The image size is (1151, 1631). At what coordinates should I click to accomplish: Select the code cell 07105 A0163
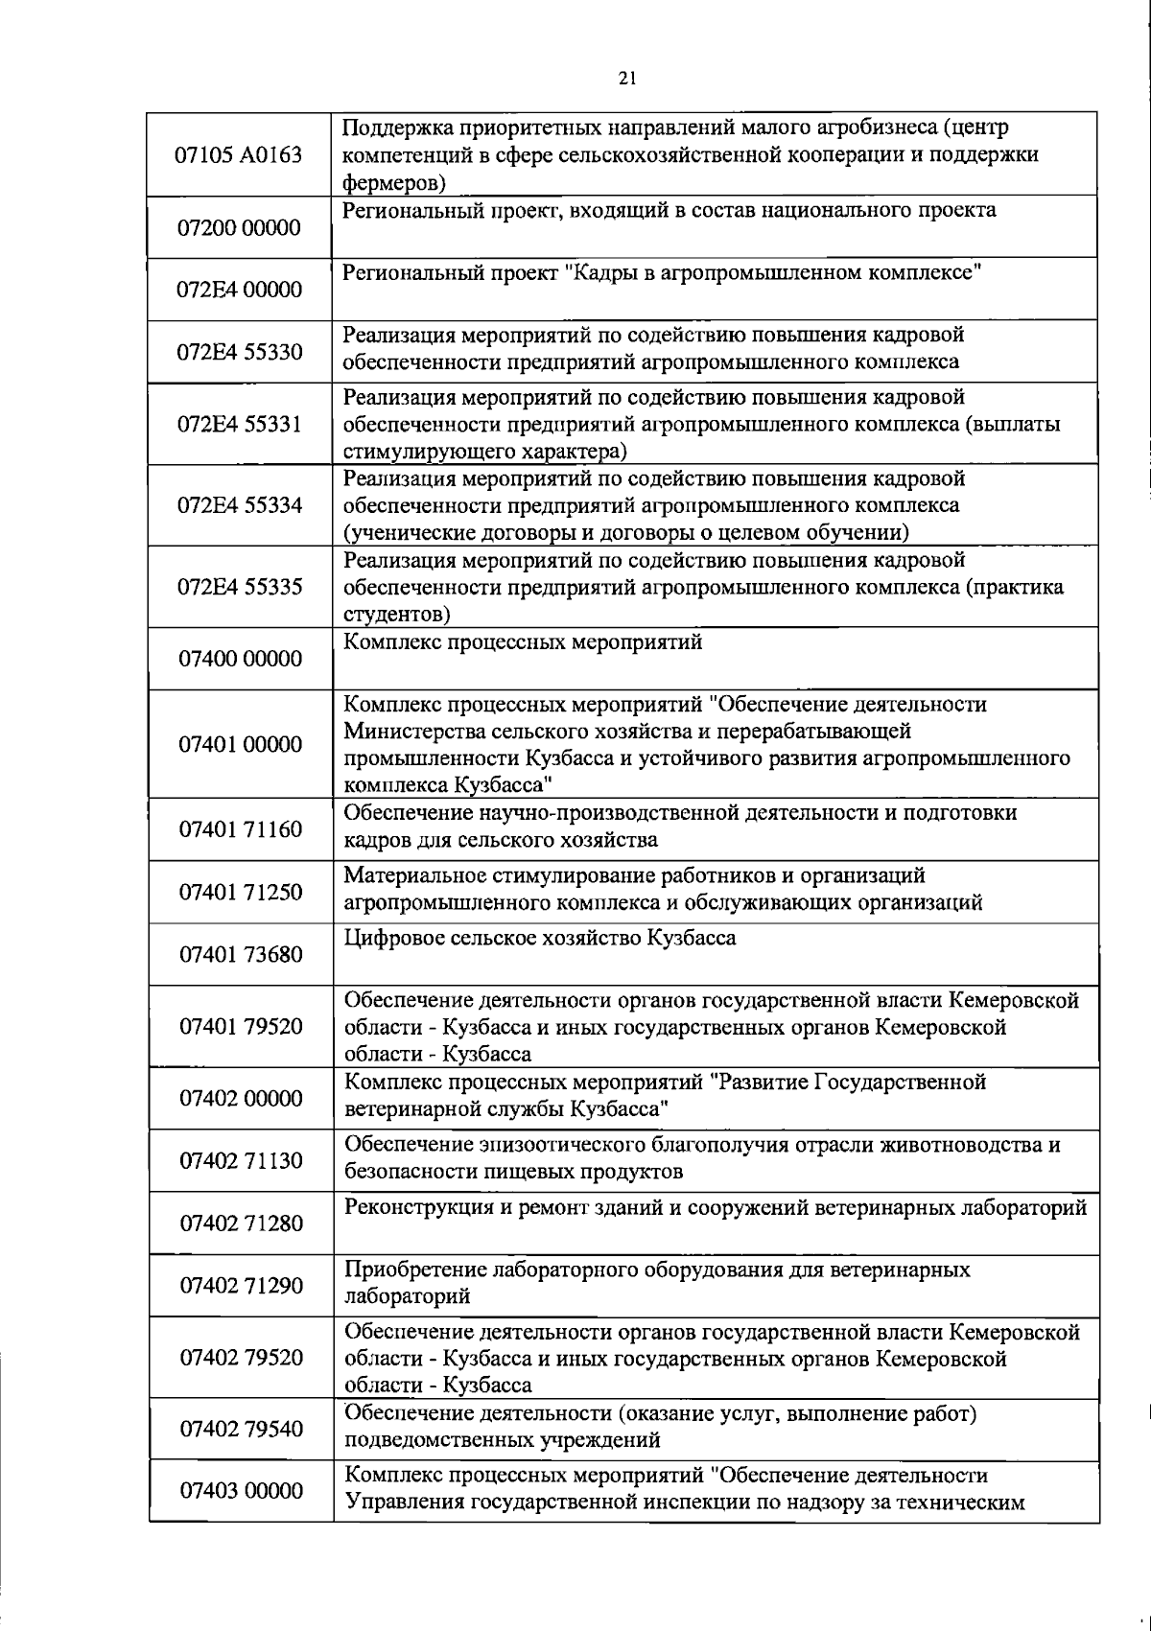pyautogui.click(x=240, y=154)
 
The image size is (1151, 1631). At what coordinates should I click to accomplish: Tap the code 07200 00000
pyautogui.click(x=240, y=228)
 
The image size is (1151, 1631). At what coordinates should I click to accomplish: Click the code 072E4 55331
pyautogui.click(x=240, y=425)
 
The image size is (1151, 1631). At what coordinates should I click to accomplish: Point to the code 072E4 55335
pyautogui.click(x=240, y=587)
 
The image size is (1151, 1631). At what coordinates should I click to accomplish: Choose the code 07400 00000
pyautogui.click(x=240, y=659)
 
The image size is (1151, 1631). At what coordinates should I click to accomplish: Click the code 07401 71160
pyautogui.click(x=240, y=828)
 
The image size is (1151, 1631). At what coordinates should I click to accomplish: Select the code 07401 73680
pyautogui.click(x=240, y=954)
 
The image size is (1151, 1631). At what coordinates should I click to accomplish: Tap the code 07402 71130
pyautogui.click(x=240, y=1160)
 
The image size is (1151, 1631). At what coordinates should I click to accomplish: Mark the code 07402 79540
pyautogui.click(x=240, y=1429)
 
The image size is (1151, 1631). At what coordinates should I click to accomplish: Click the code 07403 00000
pyautogui.click(x=240, y=1491)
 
